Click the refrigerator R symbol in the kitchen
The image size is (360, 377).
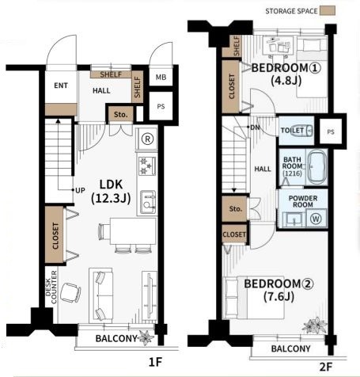147,139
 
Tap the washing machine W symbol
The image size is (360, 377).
316,219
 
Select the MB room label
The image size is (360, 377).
161,78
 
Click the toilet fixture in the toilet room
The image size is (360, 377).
301,130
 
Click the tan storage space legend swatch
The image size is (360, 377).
328,11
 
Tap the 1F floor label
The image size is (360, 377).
155,362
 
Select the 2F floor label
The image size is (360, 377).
325,367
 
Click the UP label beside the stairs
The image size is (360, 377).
80,190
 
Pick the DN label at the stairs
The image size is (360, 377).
255,128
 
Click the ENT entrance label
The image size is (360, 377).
61,86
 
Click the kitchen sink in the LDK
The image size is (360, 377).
147,202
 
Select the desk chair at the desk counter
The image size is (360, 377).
70,292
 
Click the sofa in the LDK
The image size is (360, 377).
100,295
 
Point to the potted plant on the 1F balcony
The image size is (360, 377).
146,337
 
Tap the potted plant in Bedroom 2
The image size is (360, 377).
315,325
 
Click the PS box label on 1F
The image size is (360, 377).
161,107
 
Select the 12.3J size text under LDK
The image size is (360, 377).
111,198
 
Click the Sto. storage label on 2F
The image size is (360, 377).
236,209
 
